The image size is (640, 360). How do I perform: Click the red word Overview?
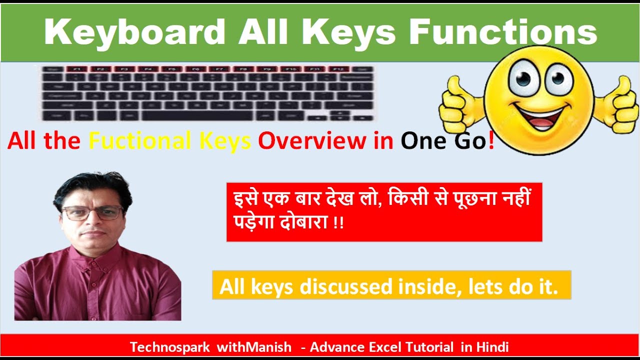pyautogui.click(x=311, y=141)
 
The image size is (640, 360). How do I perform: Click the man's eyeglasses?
pyautogui.click(x=92, y=213)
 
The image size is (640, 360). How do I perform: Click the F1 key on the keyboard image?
pyautogui.click(x=77, y=69)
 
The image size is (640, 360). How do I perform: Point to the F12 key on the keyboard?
pyautogui.click(x=338, y=69)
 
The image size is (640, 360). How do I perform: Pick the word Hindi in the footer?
pyautogui.click(x=492, y=347)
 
